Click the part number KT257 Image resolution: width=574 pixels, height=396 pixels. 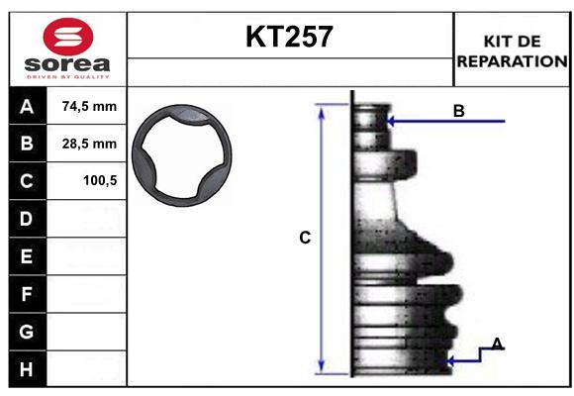click(289, 38)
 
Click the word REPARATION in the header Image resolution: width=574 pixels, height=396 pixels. click(511, 60)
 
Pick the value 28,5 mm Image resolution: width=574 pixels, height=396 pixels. click(89, 144)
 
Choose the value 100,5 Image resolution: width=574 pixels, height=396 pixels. click(98, 181)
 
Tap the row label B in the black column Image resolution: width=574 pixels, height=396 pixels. click(27, 144)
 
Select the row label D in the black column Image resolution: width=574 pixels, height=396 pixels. click(27, 218)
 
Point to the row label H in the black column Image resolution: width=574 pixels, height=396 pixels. click(27, 368)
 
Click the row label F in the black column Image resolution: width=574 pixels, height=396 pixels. click(27, 293)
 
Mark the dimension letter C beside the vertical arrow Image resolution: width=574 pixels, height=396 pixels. click(305, 238)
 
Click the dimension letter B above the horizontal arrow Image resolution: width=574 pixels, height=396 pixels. click(458, 111)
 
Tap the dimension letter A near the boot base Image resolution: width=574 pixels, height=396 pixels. click(497, 344)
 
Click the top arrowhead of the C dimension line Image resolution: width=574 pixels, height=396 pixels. click(321, 109)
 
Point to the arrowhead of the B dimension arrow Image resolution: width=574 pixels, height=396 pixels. click(392, 121)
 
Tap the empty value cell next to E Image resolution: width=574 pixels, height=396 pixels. click(89, 256)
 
